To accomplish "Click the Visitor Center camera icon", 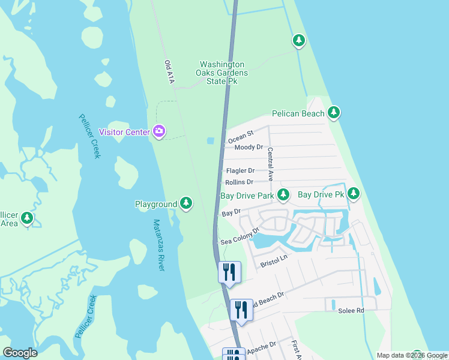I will (x=159, y=131).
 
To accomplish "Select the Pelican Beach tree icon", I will (x=334, y=113).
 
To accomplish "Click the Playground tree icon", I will (x=187, y=204).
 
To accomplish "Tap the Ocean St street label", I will (x=241, y=136).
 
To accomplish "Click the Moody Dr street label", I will (x=249, y=147).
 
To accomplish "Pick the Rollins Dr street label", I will (x=239, y=182).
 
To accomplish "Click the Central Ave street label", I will (x=270, y=165).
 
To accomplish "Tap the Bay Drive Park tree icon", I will (x=283, y=195).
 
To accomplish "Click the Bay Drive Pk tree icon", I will (x=354, y=194).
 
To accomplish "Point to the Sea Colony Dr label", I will (x=239, y=236).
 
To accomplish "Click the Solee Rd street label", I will (x=351, y=310).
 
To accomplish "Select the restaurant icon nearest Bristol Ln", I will (x=229, y=272).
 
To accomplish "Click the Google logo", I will (x=20, y=353).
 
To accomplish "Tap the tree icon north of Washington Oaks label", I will (x=298, y=41).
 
